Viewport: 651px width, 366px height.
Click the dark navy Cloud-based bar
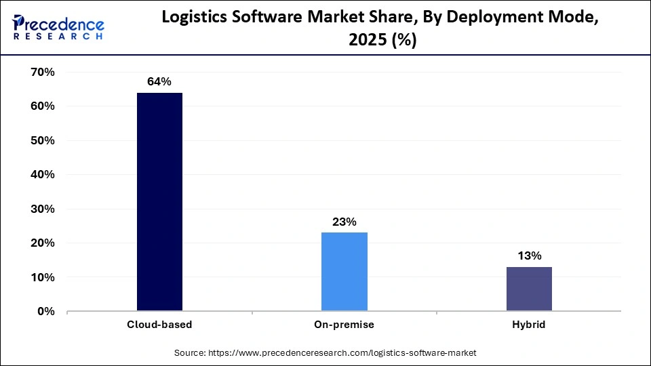(159, 202)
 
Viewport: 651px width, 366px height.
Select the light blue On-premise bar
(344, 272)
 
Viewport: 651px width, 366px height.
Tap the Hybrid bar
(529, 289)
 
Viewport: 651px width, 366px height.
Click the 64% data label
(159, 82)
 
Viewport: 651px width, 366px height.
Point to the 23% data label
(344, 222)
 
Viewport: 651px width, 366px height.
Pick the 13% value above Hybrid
(529, 256)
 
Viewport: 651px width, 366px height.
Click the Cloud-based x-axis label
(159, 325)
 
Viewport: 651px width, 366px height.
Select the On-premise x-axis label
(344, 325)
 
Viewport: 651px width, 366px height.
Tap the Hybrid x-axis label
(529, 325)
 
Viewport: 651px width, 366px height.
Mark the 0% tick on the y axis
(45, 312)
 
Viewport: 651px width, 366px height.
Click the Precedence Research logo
(58, 27)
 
